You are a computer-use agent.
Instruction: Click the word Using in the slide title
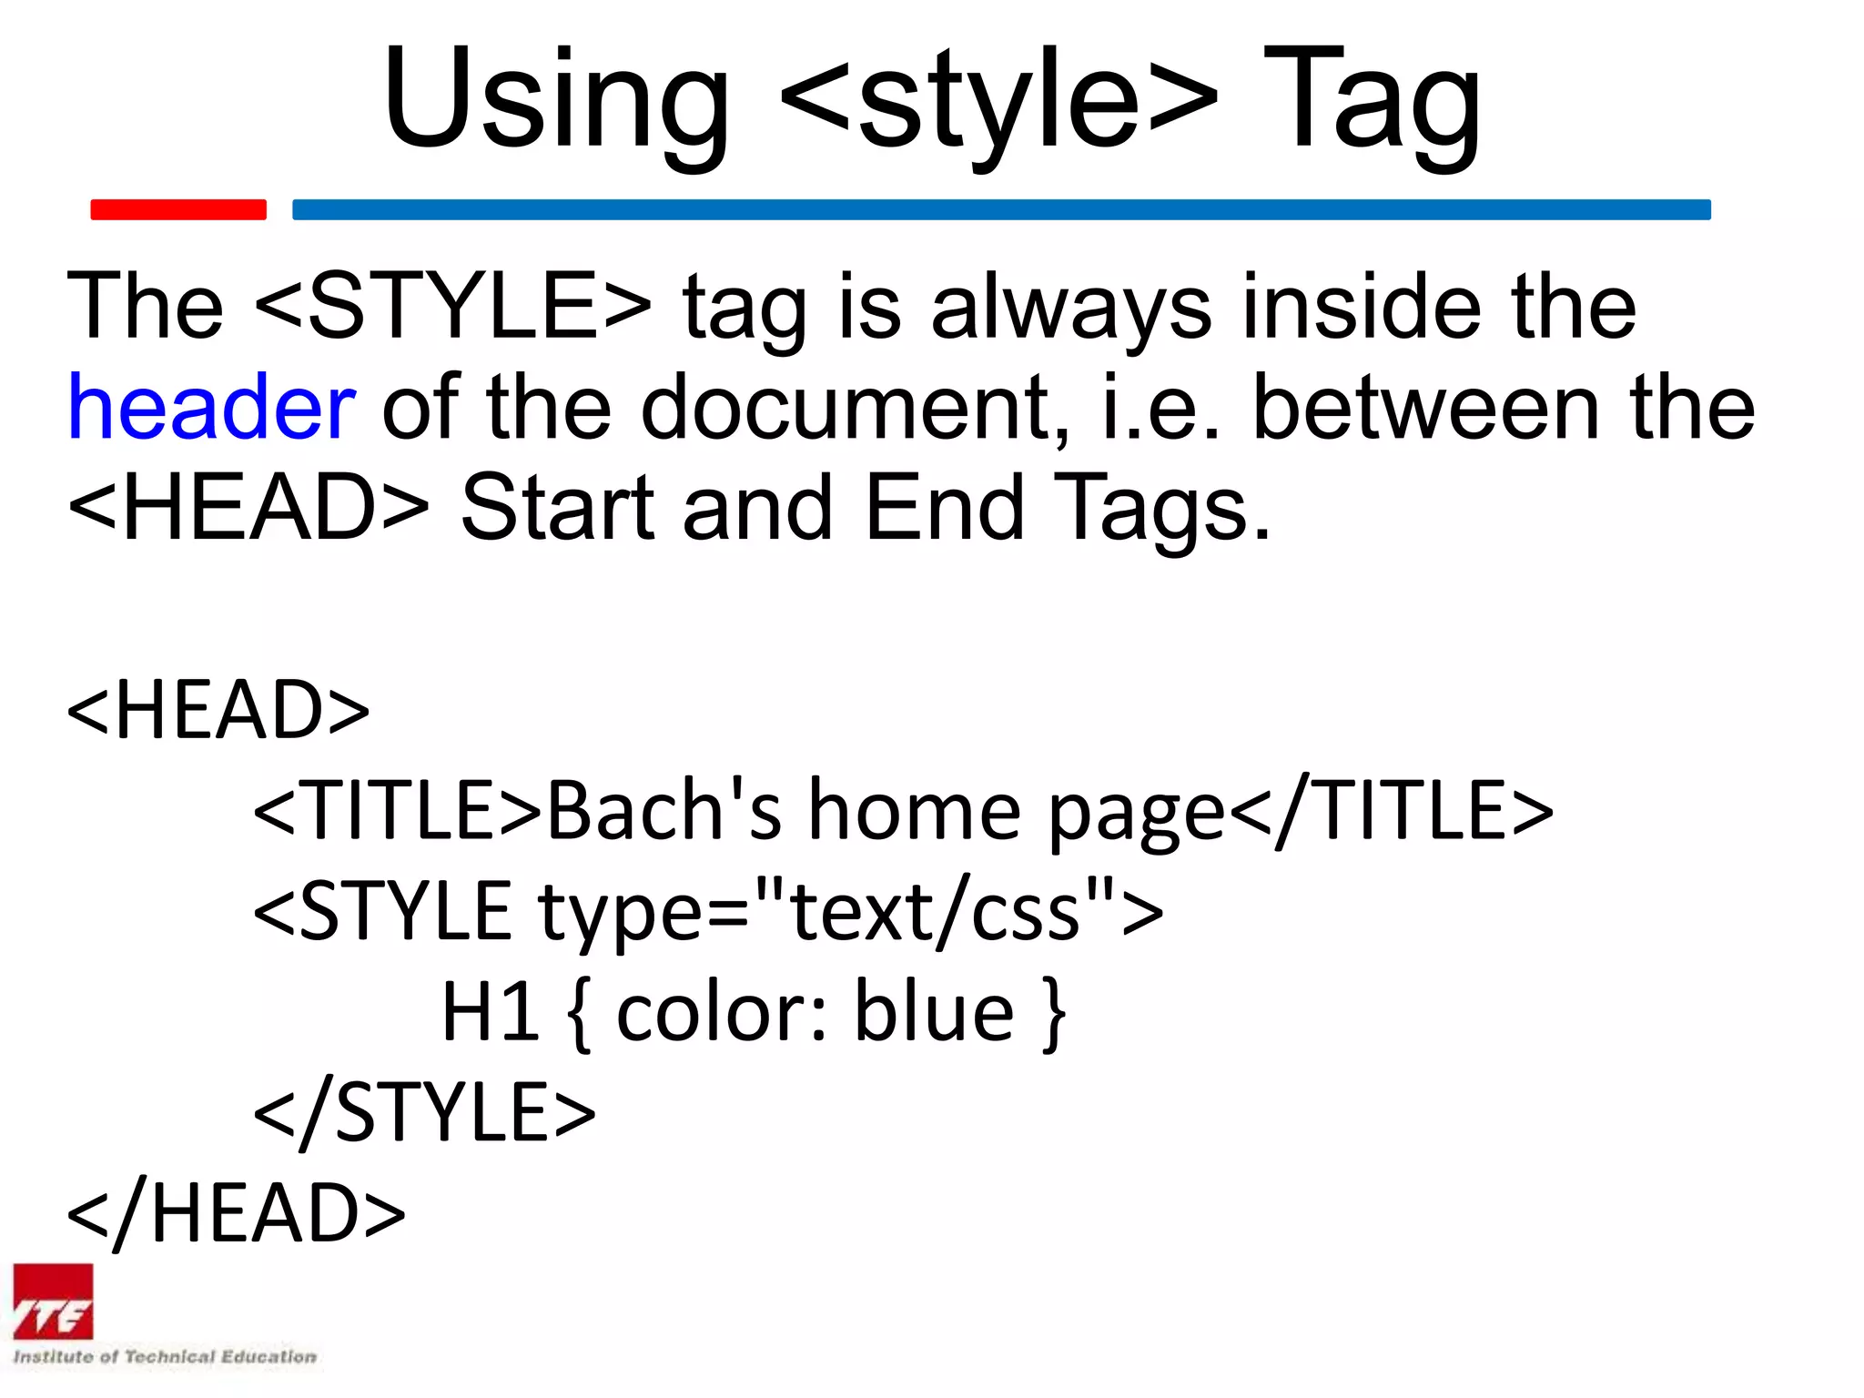click(555, 98)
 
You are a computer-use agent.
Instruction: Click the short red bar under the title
click(178, 209)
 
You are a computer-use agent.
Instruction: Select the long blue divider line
click(1001, 209)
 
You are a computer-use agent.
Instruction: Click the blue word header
click(211, 408)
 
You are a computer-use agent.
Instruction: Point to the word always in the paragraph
click(1071, 308)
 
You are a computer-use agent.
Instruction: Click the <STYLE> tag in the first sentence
click(452, 306)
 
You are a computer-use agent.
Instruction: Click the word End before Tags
click(944, 508)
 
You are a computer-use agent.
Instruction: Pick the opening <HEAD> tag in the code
click(218, 710)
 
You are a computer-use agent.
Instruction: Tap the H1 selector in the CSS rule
click(491, 1012)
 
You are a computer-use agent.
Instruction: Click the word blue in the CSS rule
click(934, 1012)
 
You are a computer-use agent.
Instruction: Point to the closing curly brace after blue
click(1054, 1014)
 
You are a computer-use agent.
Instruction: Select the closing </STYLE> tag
click(424, 1112)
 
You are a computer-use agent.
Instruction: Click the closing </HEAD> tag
click(237, 1213)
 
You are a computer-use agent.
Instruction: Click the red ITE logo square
click(53, 1302)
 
